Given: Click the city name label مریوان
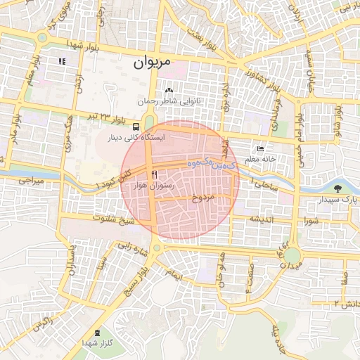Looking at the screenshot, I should click(151, 63).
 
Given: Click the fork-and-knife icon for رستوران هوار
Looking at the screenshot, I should click(154, 174).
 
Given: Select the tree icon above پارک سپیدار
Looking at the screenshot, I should click(338, 188).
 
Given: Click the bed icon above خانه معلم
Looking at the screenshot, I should click(261, 149).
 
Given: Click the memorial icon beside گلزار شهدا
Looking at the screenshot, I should click(96, 331).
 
